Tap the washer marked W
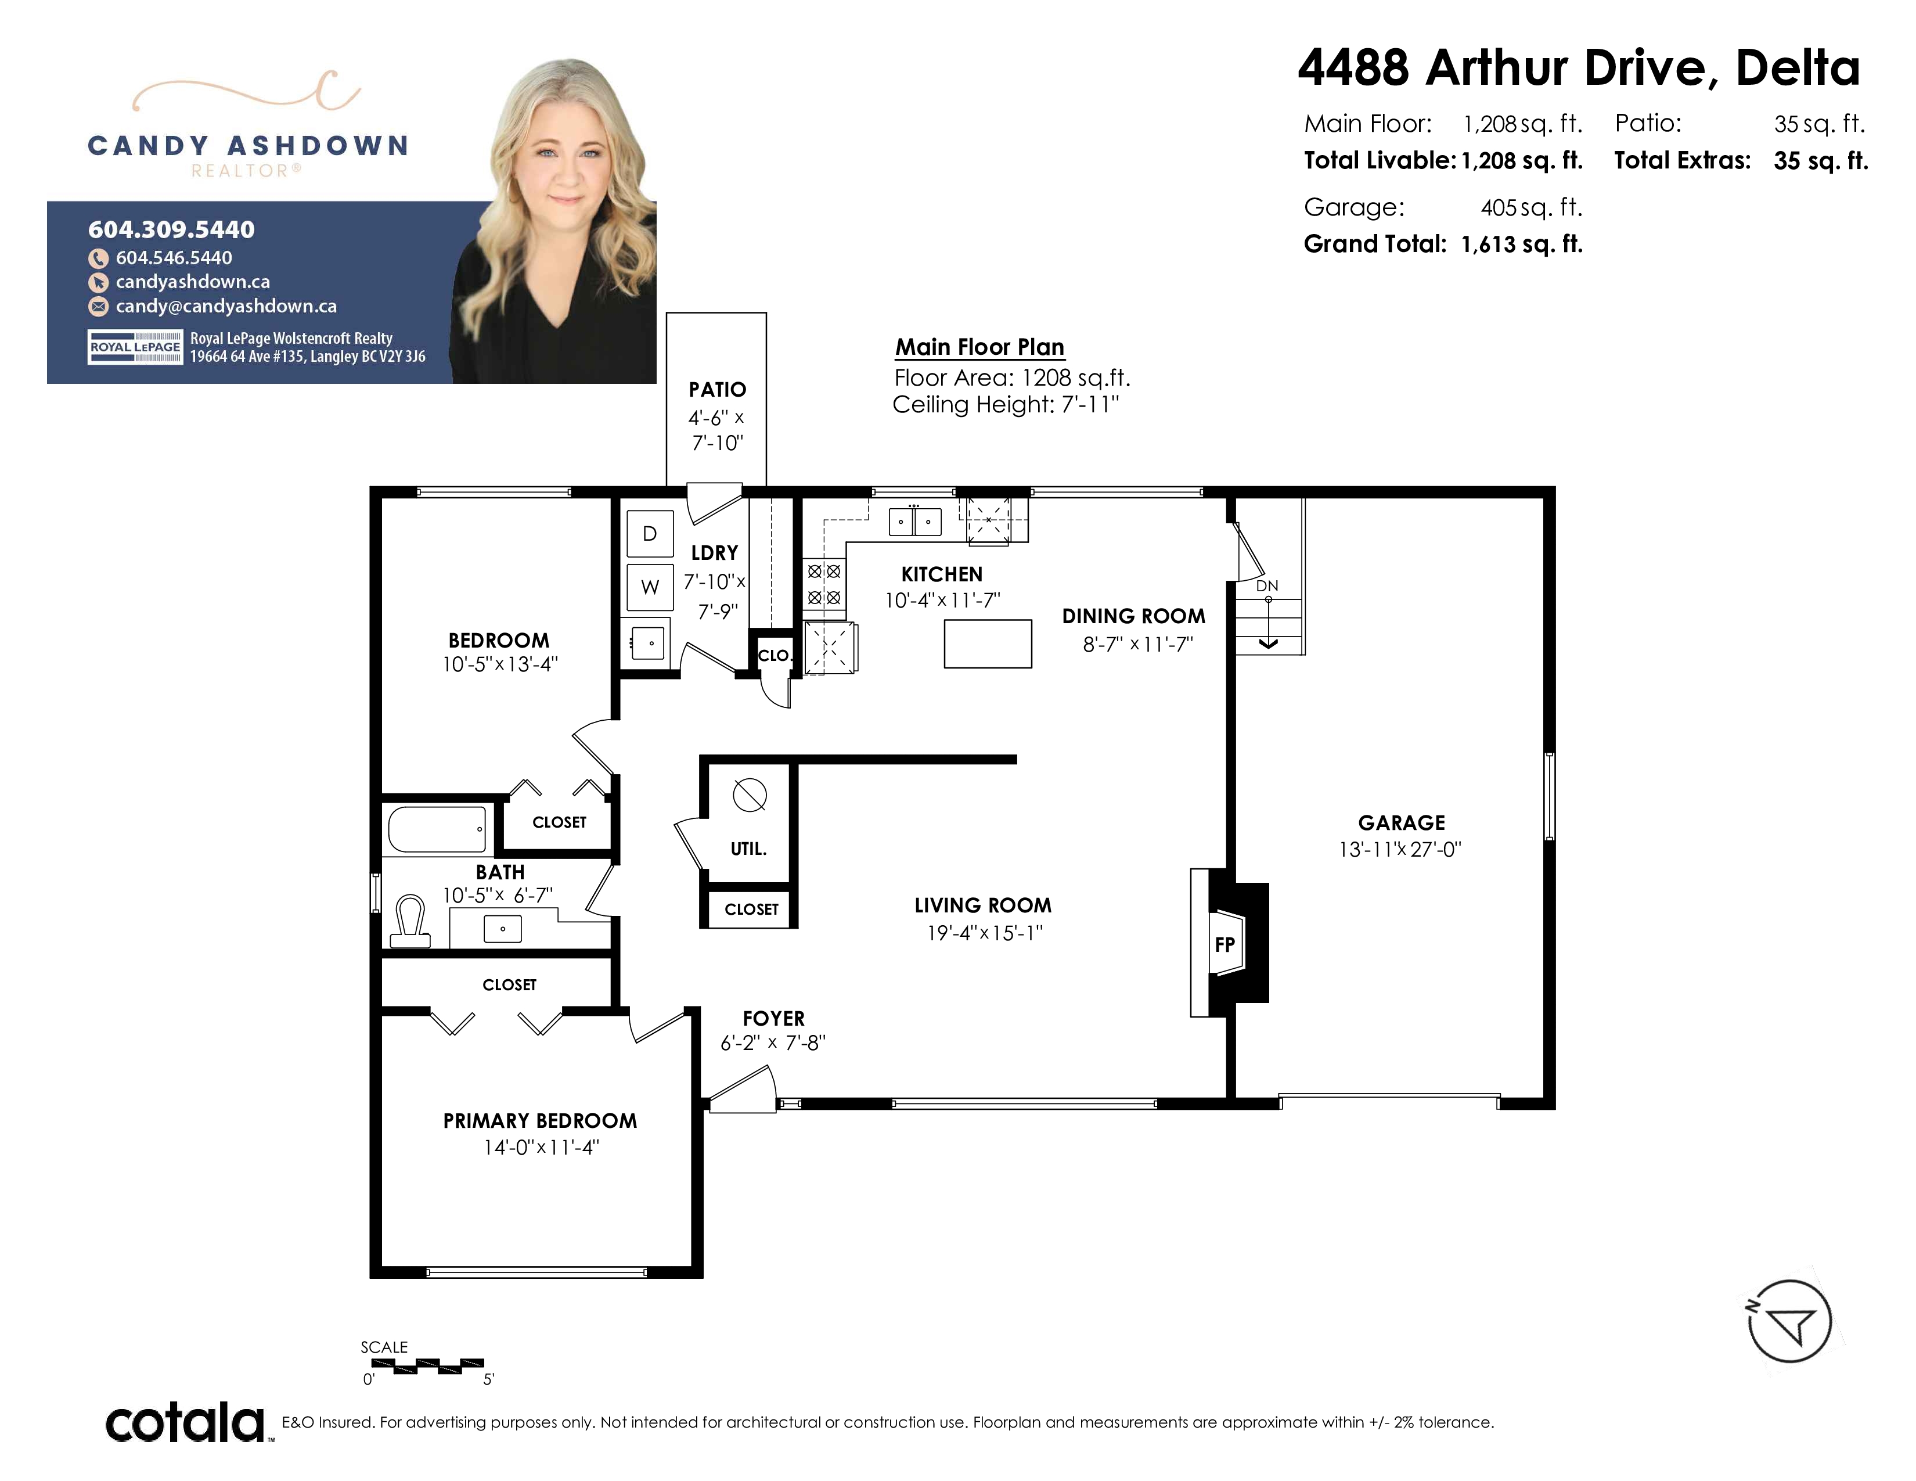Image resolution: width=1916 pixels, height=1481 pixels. click(650, 587)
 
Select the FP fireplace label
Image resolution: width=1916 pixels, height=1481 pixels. click(1224, 945)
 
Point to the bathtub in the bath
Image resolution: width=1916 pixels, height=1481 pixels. click(437, 829)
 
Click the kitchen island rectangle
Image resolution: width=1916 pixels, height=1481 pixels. click(988, 644)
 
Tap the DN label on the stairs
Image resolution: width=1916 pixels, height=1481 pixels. click(1267, 586)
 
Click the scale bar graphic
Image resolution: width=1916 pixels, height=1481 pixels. click(427, 1365)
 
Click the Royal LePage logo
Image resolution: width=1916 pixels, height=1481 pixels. click(135, 347)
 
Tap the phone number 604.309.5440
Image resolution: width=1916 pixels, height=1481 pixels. click(171, 230)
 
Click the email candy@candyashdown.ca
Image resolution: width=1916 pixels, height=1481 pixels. click(226, 306)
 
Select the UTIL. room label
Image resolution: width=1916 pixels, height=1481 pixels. click(748, 849)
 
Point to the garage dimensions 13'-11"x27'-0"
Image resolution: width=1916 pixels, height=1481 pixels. click(1400, 849)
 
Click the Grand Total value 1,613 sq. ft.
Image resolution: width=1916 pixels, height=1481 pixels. click(1522, 244)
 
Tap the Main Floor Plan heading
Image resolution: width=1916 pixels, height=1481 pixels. click(980, 347)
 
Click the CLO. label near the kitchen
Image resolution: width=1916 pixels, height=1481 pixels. click(774, 655)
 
